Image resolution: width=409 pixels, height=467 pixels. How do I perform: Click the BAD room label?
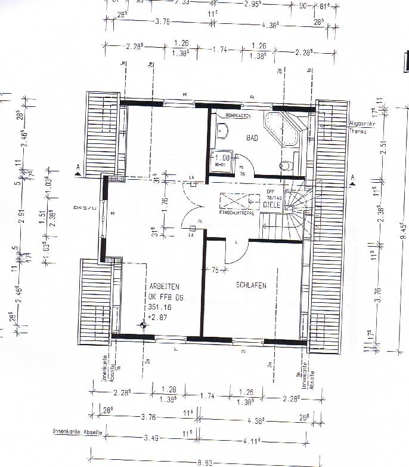[252, 138]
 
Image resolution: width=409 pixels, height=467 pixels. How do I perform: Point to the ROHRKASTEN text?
[237, 115]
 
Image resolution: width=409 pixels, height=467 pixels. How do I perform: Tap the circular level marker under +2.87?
[143, 325]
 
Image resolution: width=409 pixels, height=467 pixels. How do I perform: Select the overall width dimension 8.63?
[204, 462]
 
